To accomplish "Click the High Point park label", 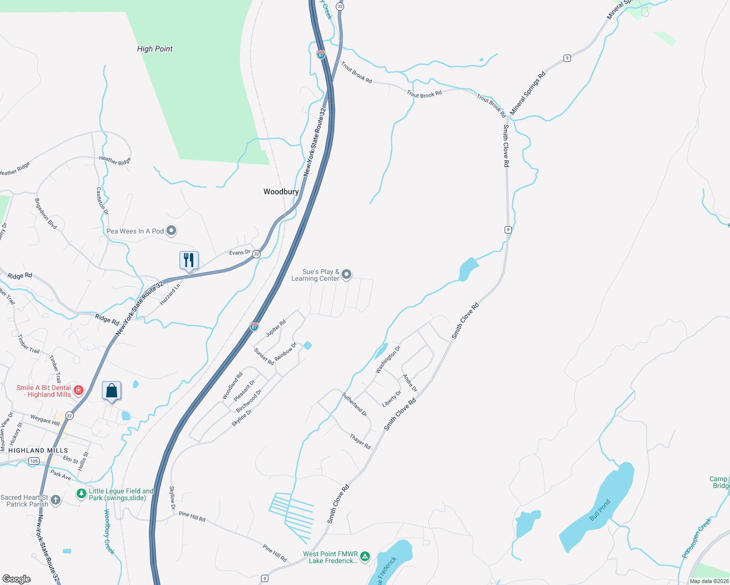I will (x=155, y=49).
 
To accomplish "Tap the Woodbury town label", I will (x=281, y=192).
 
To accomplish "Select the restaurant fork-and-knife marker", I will (x=189, y=260).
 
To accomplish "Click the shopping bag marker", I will (x=111, y=391).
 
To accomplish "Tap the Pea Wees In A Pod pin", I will (x=171, y=231).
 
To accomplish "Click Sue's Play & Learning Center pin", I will (x=346, y=274).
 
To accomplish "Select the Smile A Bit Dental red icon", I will (x=79, y=390).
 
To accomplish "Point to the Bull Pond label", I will (x=600, y=510).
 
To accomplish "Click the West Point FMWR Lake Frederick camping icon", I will (x=365, y=556).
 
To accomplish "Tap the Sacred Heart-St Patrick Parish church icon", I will (x=56, y=500).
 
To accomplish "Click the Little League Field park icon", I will (x=81, y=494).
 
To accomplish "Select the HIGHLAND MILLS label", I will (x=38, y=450).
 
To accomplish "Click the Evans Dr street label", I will (x=240, y=253).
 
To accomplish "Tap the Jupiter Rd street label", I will (x=276, y=328).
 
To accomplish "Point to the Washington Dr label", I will (x=388, y=360).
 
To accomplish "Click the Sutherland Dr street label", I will (x=354, y=404).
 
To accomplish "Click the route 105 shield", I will (x=34, y=461).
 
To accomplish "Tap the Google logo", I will (x=17, y=579).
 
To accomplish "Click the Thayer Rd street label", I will (x=360, y=441).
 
